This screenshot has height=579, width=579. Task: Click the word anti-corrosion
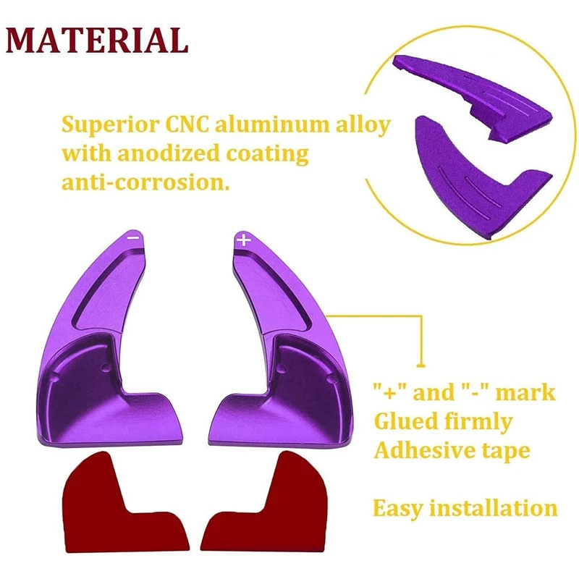click(x=145, y=182)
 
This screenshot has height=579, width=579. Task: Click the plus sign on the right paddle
click(x=243, y=240)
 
